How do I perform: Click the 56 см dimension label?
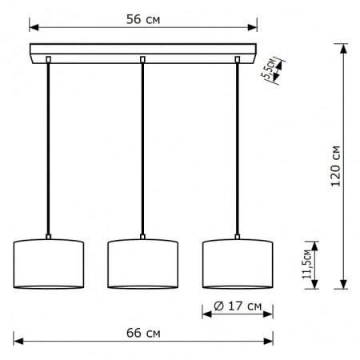click(143, 19)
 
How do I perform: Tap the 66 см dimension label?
click(143, 333)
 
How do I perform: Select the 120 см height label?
click(336, 166)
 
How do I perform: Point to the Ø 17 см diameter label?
click(238, 306)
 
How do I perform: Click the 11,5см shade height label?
click(306, 264)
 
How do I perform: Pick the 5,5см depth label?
click(268, 68)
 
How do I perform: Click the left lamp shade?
click(49, 264)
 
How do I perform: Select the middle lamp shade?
click(142, 264)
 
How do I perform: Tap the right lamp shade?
click(238, 264)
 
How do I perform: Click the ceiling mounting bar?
click(143, 54)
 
